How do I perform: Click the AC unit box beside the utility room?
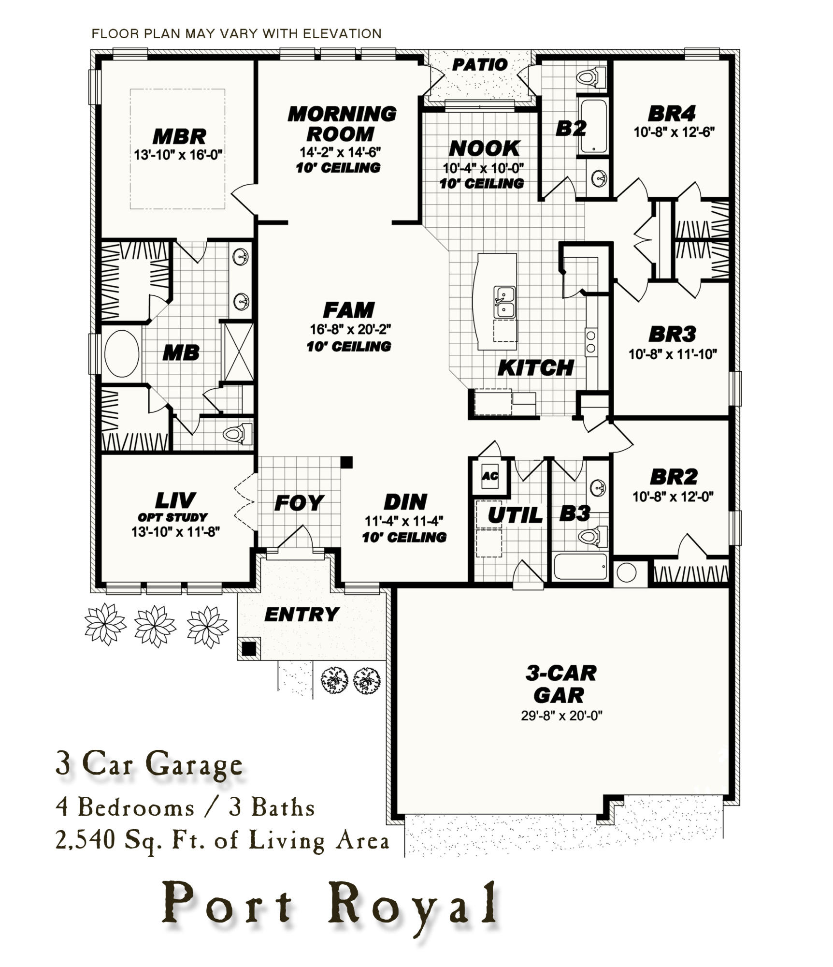click(x=489, y=476)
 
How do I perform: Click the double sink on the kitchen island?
click(x=504, y=302)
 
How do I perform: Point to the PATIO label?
click(x=480, y=64)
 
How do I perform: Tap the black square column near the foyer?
click(x=346, y=462)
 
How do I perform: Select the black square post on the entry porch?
click(x=248, y=648)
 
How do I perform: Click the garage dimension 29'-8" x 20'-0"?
click(x=561, y=715)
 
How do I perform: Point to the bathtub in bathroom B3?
click(x=580, y=566)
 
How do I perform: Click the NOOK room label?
click(x=484, y=148)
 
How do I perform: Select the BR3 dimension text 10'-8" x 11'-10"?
click(x=672, y=354)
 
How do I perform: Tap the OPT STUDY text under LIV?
click(x=172, y=517)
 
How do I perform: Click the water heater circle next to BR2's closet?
click(x=627, y=572)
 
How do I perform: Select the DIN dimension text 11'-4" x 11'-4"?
click(x=404, y=521)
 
